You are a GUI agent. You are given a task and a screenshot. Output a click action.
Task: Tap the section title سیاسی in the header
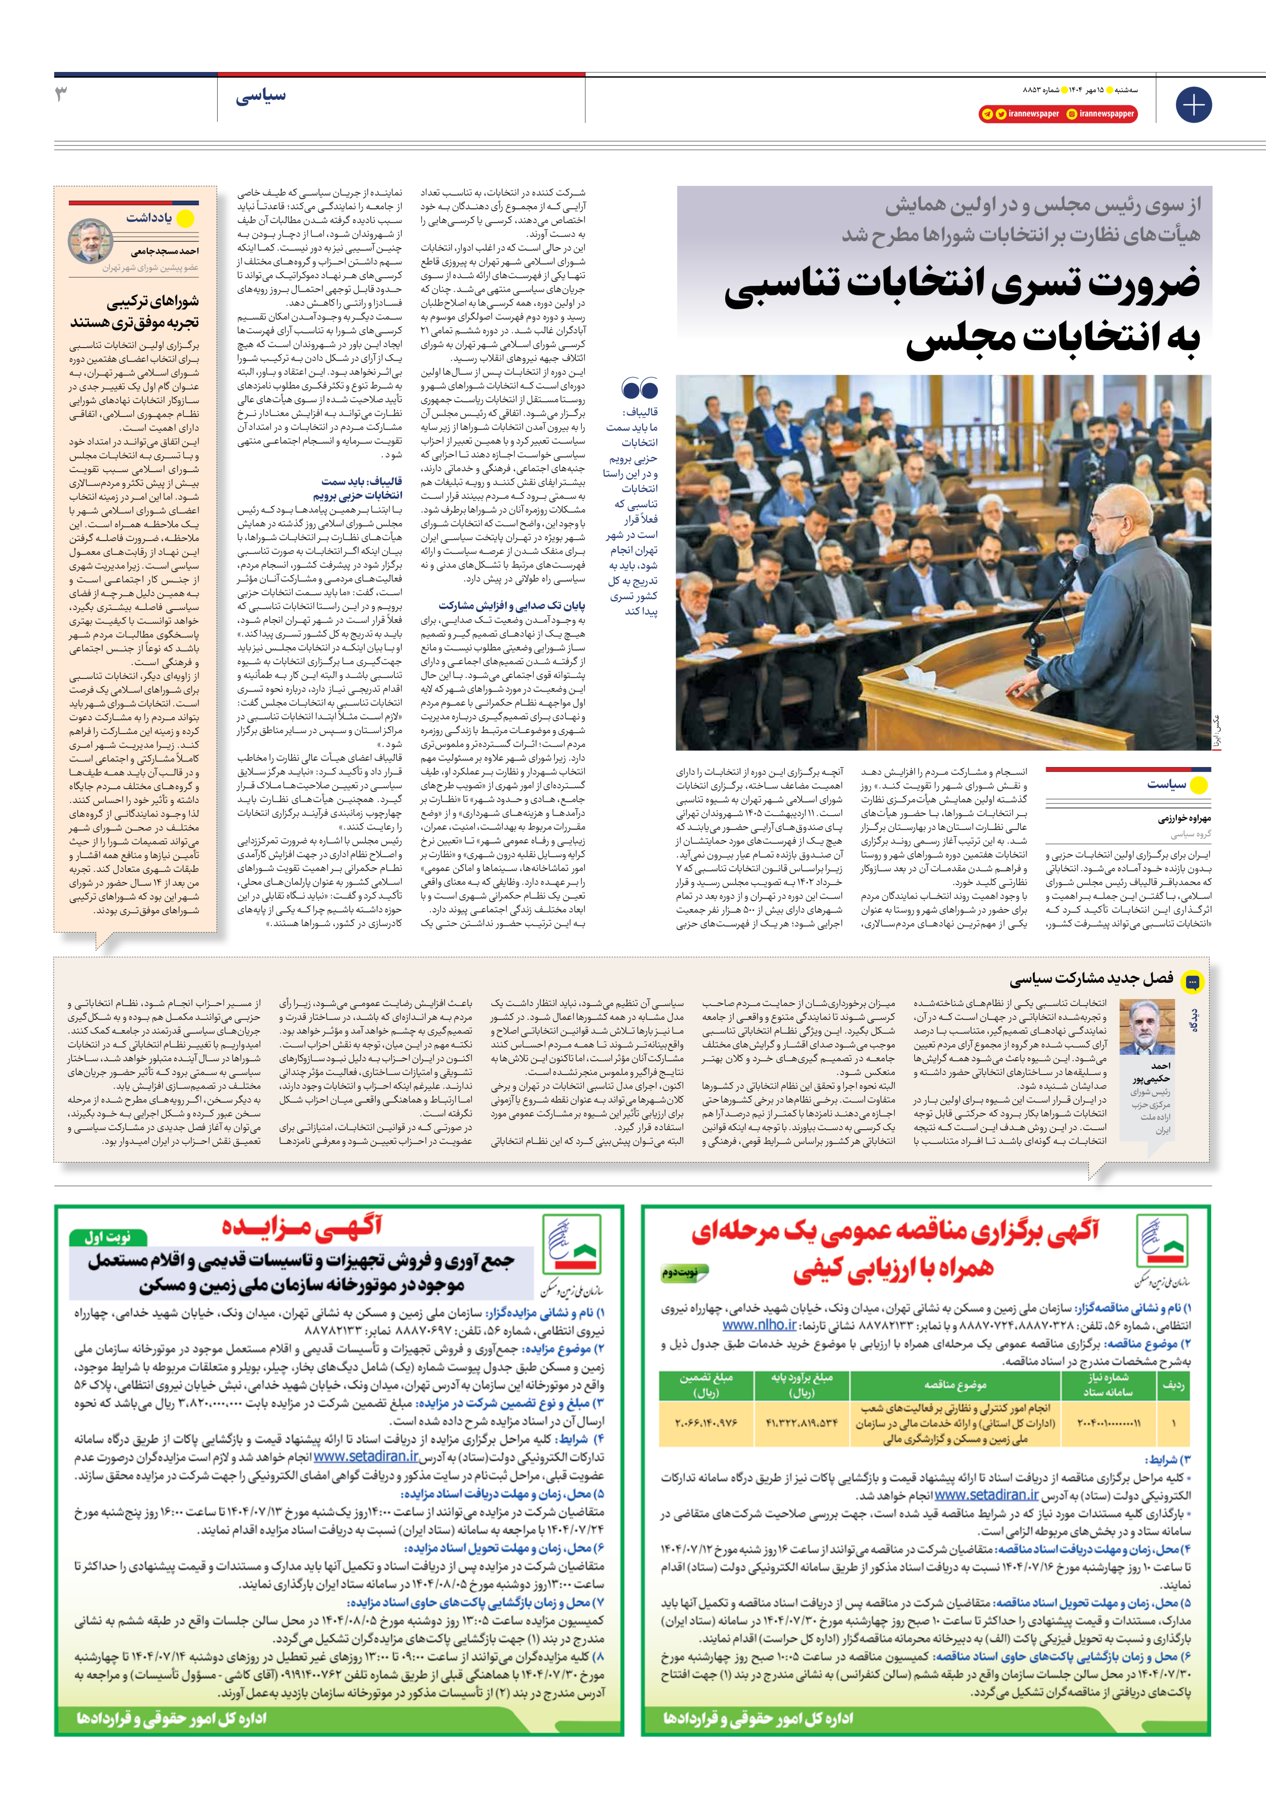click(261, 97)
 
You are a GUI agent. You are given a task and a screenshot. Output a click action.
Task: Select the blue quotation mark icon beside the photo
click(639, 389)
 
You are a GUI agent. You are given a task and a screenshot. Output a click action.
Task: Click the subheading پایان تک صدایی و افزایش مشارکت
click(512, 605)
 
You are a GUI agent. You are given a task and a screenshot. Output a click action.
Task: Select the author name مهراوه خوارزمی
click(1184, 819)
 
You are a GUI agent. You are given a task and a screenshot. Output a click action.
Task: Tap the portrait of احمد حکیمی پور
click(1147, 1027)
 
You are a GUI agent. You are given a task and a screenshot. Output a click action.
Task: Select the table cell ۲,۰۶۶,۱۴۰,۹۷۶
click(706, 1423)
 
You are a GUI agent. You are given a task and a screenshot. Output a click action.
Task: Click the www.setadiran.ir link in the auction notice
click(366, 1457)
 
